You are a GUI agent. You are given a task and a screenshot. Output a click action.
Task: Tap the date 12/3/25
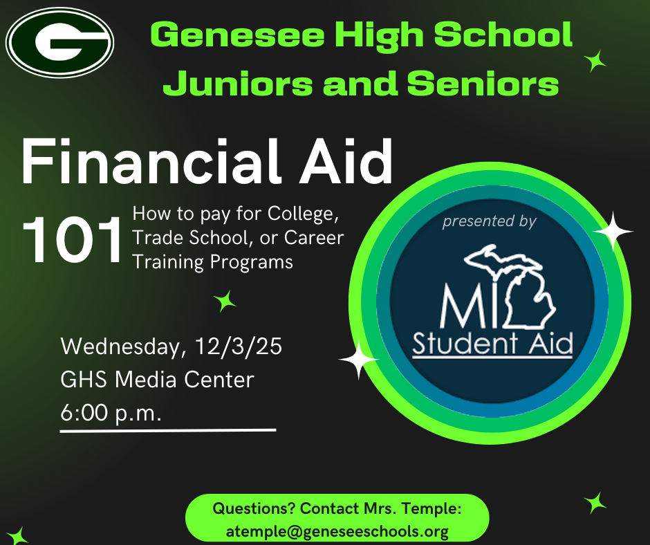(x=238, y=347)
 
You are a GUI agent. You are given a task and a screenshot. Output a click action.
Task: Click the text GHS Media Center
(x=157, y=380)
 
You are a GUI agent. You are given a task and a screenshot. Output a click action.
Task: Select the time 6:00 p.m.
(x=111, y=413)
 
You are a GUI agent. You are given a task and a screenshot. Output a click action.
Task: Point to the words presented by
(x=489, y=223)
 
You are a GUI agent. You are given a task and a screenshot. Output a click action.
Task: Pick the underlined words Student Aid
(x=492, y=344)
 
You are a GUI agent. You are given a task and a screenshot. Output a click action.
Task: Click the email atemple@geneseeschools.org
(x=337, y=531)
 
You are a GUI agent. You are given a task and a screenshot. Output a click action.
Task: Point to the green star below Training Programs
(x=225, y=300)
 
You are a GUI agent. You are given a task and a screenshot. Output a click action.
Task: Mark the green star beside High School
(x=595, y=61)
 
